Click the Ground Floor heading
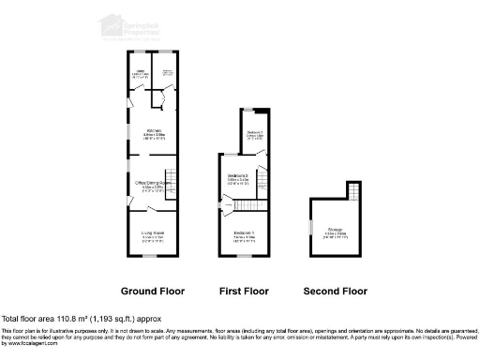coord(151,290)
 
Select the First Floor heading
coord(246,290)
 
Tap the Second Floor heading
coord(335,290)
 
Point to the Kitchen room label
coord(152,132)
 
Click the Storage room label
coord(336,232)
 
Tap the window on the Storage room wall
coord(309,228)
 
